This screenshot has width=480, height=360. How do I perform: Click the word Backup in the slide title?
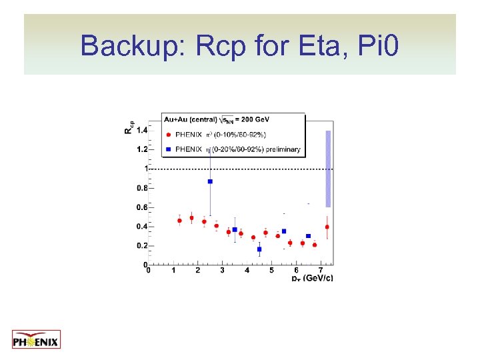pos(133,45)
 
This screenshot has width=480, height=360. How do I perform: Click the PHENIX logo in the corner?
pos(36,339)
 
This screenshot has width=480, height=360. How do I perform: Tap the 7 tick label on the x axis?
pos(321,270)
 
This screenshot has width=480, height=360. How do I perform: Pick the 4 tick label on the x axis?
pos(247,270)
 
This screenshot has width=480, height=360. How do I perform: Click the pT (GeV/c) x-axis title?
pos(312,277)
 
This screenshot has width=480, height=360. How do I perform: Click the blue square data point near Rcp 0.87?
pos(210,181)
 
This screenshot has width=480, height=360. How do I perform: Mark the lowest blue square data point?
pos(259,249)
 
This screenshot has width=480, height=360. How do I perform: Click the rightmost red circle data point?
pos(327,227)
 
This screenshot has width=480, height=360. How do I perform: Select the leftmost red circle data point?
pos(179,220)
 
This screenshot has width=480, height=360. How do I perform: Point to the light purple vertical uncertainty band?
pos(328,168)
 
